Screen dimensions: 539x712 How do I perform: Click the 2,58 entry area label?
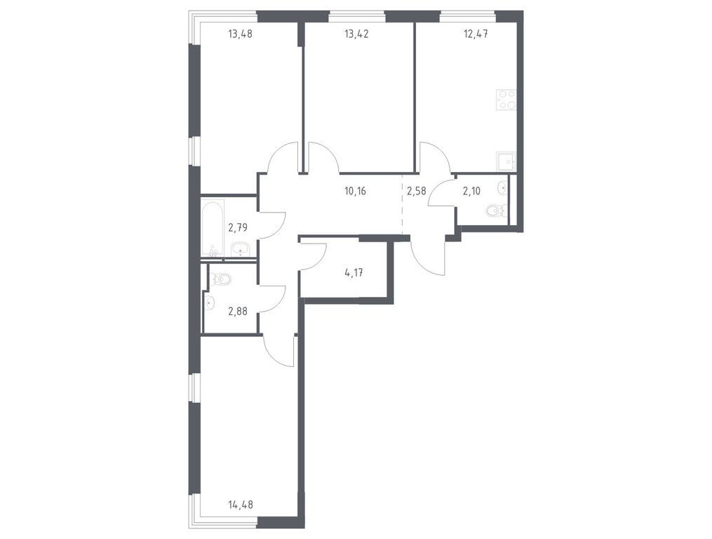click(416, 189)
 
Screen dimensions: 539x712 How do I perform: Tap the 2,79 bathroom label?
click(239, 227)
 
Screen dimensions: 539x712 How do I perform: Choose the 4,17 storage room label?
click(354, 274)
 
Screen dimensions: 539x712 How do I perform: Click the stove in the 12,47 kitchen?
click(506, 100)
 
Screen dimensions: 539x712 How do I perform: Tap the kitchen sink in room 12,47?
click(506, 161)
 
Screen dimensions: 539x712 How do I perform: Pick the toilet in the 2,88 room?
click(222, 279)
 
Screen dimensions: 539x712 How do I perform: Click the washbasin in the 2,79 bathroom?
click(241, 248)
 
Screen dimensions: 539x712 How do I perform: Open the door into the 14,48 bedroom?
click(279, 351)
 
